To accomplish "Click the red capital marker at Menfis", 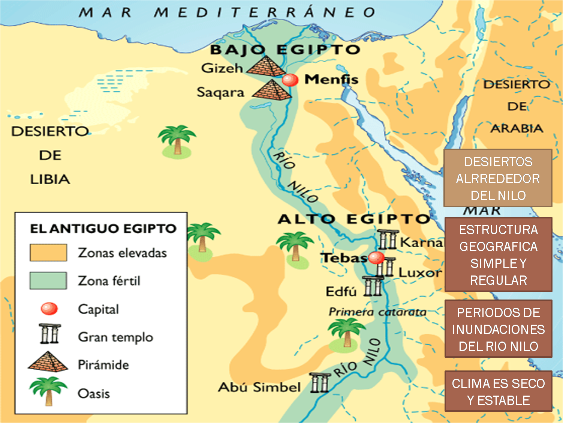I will pos(290,80).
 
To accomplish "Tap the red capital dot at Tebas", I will pos(376,258).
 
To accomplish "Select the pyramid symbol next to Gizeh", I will pos(267,66).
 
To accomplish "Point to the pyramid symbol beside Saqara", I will pos(272,90).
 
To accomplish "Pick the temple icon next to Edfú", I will pos(373,286).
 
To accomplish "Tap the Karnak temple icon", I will pos(387,240).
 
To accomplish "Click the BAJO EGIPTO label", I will pos(285,50).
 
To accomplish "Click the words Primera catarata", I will pos(377,312).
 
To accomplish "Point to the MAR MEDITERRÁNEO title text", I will pos(227,12).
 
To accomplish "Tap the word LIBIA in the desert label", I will pos(50,179).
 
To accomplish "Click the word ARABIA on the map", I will pos(517,129).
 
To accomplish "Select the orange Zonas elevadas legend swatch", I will pos(48,253).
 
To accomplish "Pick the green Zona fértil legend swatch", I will pos(48,281).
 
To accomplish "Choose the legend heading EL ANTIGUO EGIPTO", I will pos(103,229).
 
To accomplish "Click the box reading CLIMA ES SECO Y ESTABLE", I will pos(498,391).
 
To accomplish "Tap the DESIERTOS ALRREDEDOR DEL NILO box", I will pos(498,178).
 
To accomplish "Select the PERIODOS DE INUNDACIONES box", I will pos(498,329).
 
